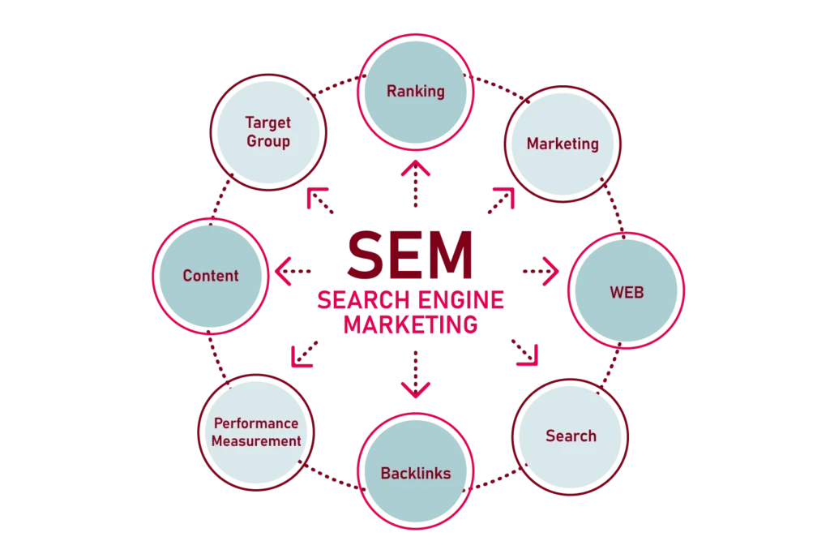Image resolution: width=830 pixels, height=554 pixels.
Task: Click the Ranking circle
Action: [x=415, y=91]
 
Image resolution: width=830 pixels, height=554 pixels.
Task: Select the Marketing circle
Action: [x=563, y=144]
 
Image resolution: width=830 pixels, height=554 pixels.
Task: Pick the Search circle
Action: [x=571, y=436]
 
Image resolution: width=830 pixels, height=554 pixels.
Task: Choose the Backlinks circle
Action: [x=415, y=472]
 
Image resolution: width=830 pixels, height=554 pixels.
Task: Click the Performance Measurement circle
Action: [x=256, y=432]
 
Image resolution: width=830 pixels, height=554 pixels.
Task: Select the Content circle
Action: [x=211, y=276]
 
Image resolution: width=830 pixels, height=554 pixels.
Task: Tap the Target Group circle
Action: [x=267, y=132]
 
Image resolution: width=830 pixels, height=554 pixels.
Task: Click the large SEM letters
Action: [x=410, y=254]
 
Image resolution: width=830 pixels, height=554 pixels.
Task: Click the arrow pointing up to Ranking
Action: [x=416, y=183]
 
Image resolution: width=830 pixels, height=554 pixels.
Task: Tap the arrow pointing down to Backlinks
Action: [x=416, y=375]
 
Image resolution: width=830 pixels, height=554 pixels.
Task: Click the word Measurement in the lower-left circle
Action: [x=256, y=441]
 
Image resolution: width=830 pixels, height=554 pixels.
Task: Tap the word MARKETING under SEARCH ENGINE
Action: [x=410, y=324]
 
